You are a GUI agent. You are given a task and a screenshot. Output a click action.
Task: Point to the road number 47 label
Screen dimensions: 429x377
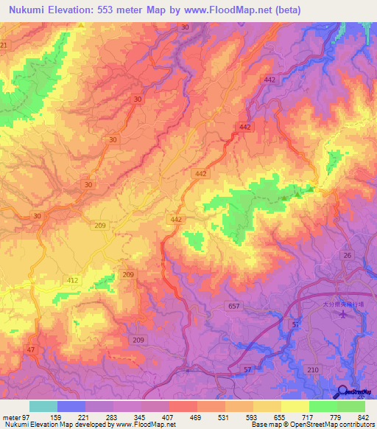30,349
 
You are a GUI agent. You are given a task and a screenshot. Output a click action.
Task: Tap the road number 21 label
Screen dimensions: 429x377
4,46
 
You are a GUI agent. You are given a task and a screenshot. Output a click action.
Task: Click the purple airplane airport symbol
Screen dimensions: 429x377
344,315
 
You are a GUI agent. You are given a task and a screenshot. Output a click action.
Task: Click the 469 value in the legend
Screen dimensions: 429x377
197,417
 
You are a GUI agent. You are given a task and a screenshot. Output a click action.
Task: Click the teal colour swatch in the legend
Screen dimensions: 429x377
43,406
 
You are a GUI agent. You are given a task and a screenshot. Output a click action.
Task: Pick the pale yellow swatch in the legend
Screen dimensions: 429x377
295,406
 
